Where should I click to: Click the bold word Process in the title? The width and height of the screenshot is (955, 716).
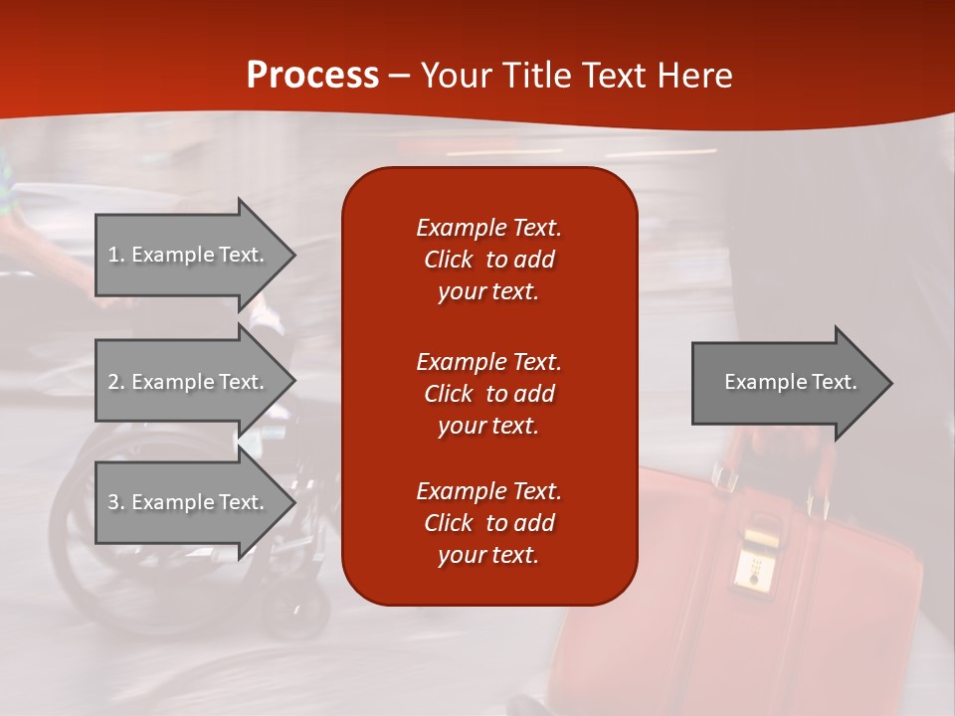pos(312,76)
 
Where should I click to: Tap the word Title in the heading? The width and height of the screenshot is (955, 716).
pos(536,76)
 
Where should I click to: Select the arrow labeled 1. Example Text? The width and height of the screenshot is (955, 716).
pos(189,255)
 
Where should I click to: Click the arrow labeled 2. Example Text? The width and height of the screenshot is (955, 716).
pos(189,382)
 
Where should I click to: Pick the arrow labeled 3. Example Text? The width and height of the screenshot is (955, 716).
pos(189,502)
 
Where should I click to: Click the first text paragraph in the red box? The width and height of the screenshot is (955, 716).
pos(488,260)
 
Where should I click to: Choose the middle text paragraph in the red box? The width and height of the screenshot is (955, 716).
pos(488,394)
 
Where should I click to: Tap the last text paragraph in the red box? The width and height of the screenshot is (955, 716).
pos(488,523)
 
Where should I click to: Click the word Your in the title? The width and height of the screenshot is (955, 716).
pos(456,76)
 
